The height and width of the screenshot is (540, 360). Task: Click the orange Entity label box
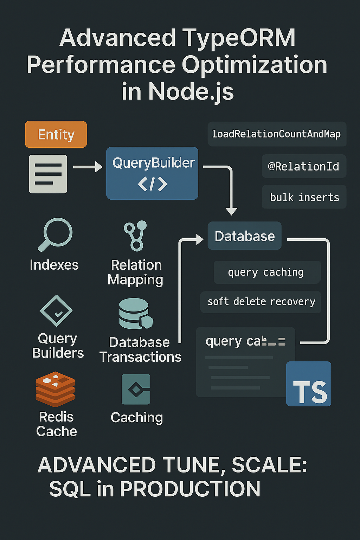[x=56, y=134]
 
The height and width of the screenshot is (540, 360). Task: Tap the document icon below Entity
[x=48, y=174]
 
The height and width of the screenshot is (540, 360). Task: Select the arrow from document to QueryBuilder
[x=88, y=167]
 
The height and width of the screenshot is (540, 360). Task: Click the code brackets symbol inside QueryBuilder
[x=152, y=184]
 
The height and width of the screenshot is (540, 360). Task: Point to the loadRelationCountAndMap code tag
[x=277, y=134]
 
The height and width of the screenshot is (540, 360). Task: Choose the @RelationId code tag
[x=304, y=166]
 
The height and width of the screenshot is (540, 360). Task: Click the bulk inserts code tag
[x=304, y=197]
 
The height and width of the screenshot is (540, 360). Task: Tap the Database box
[x=244, y=236]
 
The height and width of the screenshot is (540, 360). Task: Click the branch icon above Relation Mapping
[x=136, y=236]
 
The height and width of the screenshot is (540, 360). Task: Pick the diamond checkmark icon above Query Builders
[x=56, y=311]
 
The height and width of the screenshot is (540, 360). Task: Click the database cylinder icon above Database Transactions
[x=136, y=314]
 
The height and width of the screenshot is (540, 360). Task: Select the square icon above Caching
[x=136, y=389]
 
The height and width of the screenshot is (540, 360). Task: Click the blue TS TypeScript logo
[x=309, y=384]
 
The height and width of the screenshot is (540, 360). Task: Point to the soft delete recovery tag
[x=261, y=302]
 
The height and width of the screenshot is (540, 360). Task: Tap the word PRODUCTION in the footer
[x=190, y=489]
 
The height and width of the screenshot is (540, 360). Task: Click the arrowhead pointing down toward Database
[x=231, y=211]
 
